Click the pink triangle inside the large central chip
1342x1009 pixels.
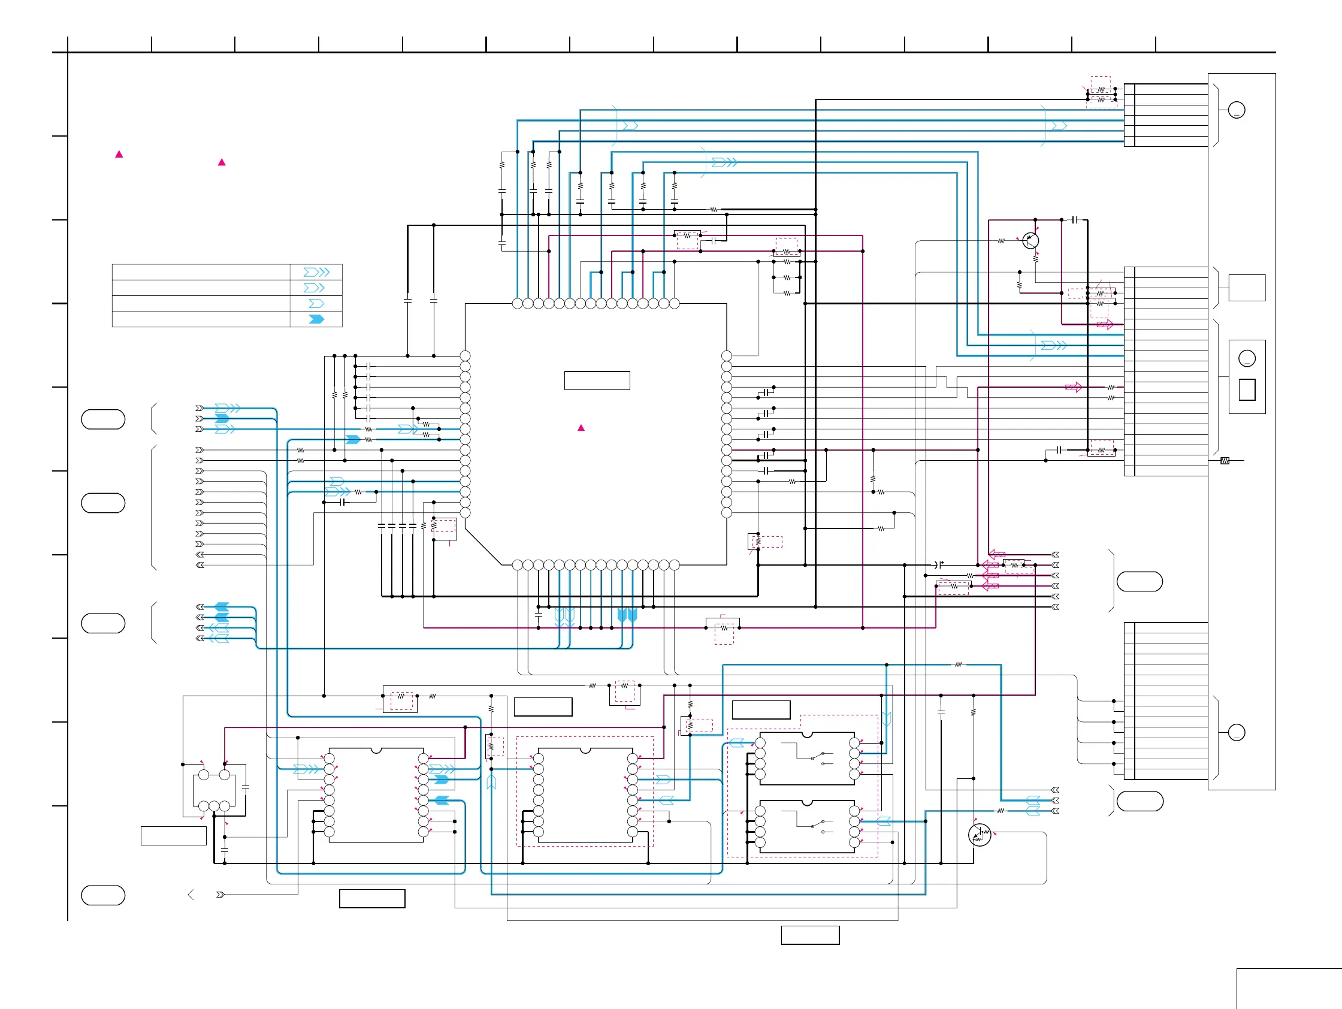581,428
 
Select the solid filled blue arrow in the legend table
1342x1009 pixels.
317,319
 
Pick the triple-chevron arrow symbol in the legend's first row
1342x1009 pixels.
317,272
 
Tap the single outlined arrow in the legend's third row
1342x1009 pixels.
317,303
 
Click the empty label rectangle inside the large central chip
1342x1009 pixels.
597,380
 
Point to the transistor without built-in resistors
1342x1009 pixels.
1030,240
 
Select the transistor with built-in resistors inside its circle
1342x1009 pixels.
979,835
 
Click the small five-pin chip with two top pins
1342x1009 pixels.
214,790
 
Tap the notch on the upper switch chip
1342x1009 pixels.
807,735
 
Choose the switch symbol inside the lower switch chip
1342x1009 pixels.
817,825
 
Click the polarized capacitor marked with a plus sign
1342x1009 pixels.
939,564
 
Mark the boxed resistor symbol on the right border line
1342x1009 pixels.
1225,461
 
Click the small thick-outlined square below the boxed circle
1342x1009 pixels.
1247,389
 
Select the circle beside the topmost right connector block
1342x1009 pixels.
1237,110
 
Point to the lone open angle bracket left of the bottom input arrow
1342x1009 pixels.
191,895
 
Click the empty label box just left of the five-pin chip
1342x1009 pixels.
174,835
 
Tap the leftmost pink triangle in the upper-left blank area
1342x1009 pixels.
119,154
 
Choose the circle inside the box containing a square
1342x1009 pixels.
1247,358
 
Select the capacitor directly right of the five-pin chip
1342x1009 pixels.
245,787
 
